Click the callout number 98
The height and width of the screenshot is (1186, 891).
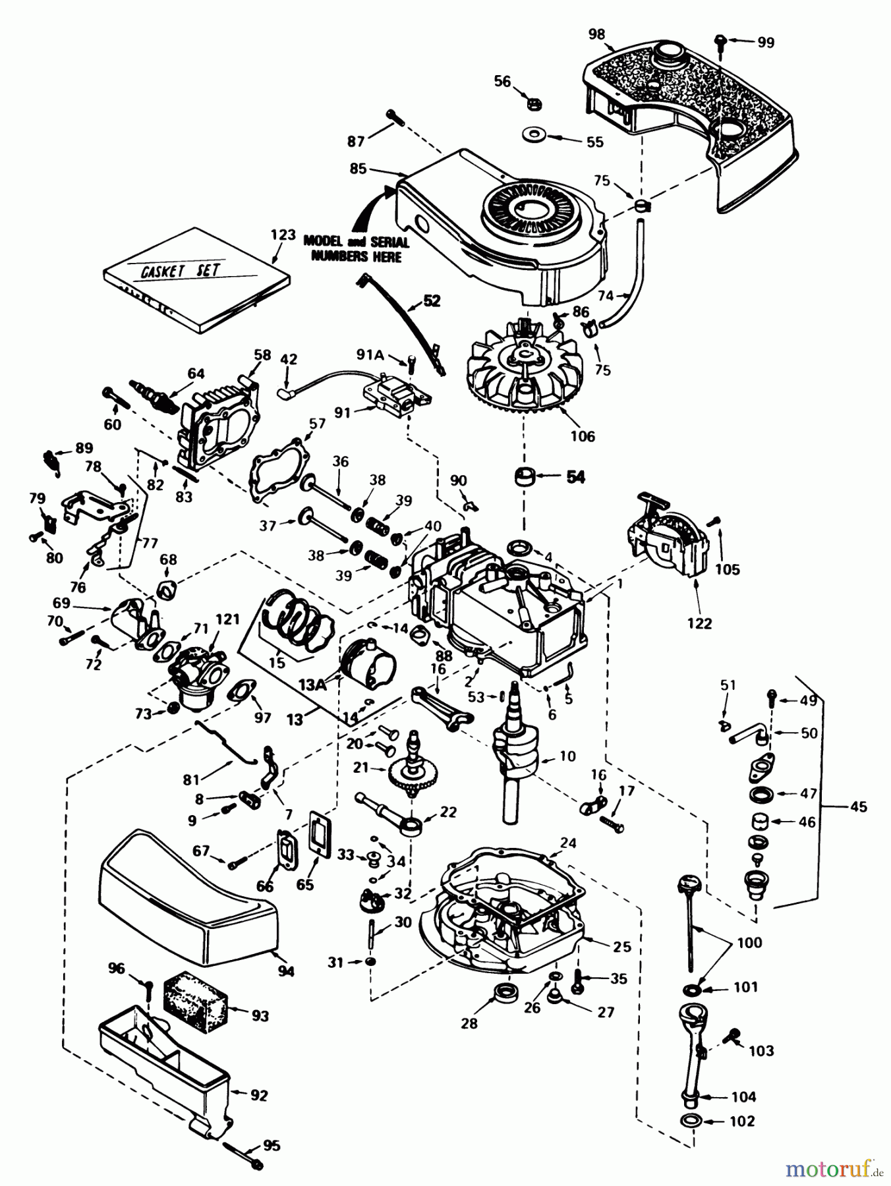point(597,34)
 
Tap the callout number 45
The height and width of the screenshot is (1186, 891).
point(858,806)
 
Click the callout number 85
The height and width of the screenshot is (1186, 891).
point(358,169)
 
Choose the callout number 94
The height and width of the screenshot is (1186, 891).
point(285,971)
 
